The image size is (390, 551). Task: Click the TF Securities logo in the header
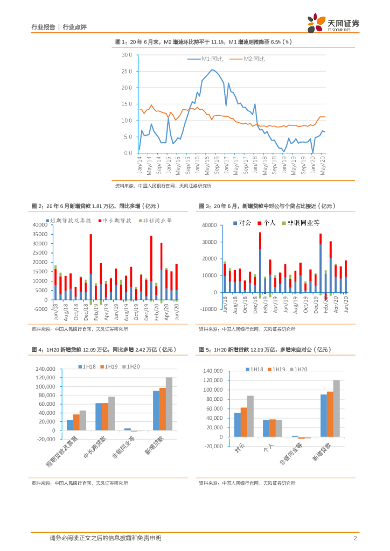(333, 23)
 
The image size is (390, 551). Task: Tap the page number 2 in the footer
(356, 538)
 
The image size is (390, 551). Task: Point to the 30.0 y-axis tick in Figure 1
(127, 55)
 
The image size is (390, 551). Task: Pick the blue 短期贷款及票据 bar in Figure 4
(70, 425)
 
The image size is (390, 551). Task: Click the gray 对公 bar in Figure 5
(250, 415)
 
